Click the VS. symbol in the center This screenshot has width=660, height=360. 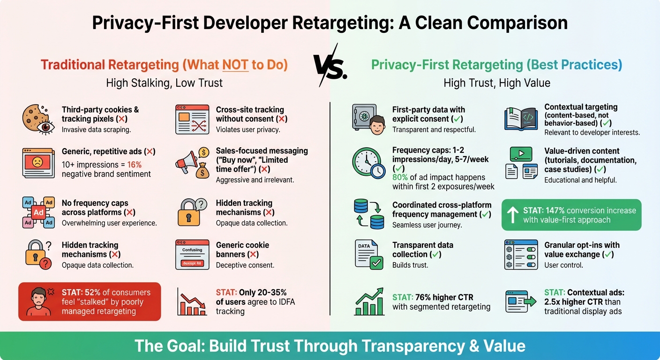click(x=330, y=66)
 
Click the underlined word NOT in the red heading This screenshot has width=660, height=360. click(x=235, y=65)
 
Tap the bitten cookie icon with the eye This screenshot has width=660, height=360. click(x=36, y=119)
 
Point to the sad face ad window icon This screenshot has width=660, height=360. click(x=38, y=162)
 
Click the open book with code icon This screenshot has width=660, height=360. click(x=521, y=119)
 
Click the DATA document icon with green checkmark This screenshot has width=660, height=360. click(x=369, y=255)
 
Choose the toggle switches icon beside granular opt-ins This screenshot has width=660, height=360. click(x=521, y=255)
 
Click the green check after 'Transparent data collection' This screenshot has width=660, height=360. click(x=435, y=255)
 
